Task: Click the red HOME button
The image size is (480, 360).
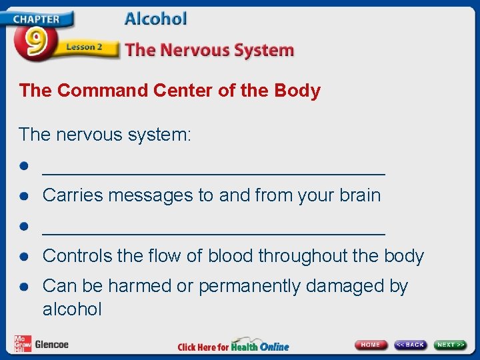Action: click(x=371, y=345)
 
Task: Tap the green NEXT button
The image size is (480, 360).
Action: click(x=451, y=345)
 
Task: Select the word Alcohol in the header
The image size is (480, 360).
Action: click(x=155, y=19)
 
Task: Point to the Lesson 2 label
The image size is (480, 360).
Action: click(x=84, y=47)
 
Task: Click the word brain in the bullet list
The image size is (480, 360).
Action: click(x=360, y=195)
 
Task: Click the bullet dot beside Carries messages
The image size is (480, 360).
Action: click(x=24, y=196)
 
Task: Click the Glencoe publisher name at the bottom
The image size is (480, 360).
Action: click(x=51, y=345)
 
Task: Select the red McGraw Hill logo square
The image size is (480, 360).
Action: click(x=23, y=343)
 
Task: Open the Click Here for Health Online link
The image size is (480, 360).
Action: click(x=233, y=346)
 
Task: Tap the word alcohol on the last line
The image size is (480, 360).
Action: click(x=72, y=309)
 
